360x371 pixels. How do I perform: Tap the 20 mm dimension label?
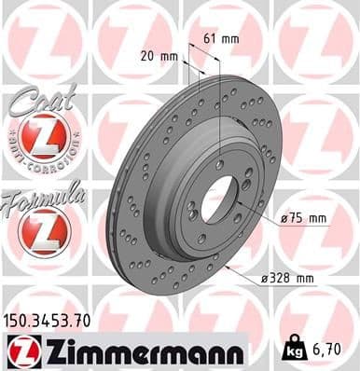(x=156, y=58)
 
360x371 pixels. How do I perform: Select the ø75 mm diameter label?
(x=304, y=219)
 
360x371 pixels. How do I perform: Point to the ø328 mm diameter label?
(x=288, y=278)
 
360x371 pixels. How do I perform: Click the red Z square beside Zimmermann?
(x=19, y=350)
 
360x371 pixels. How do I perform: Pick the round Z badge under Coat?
(x=43, y=141)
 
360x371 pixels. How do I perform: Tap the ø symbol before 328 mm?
(x=266, y=278)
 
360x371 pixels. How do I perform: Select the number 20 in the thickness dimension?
(x=146, y=58)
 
